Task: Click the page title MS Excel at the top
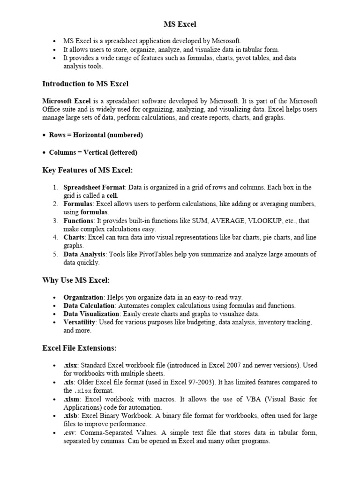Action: click(x=180, y=23)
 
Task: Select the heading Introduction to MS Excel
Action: click(x=85, y=84)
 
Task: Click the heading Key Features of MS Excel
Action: click(x=90, y=170)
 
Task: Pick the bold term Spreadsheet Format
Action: click(x=94, y=187)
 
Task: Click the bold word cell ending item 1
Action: click(x=112, y=195)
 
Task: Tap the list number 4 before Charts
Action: click(x=55, y=237)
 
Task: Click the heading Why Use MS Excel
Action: click(x=76, y=280)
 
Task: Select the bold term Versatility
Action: click(x=80, y=322)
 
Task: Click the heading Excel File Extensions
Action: click(x=79, y=348)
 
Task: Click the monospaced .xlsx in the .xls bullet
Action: click(x=81, y=390)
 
